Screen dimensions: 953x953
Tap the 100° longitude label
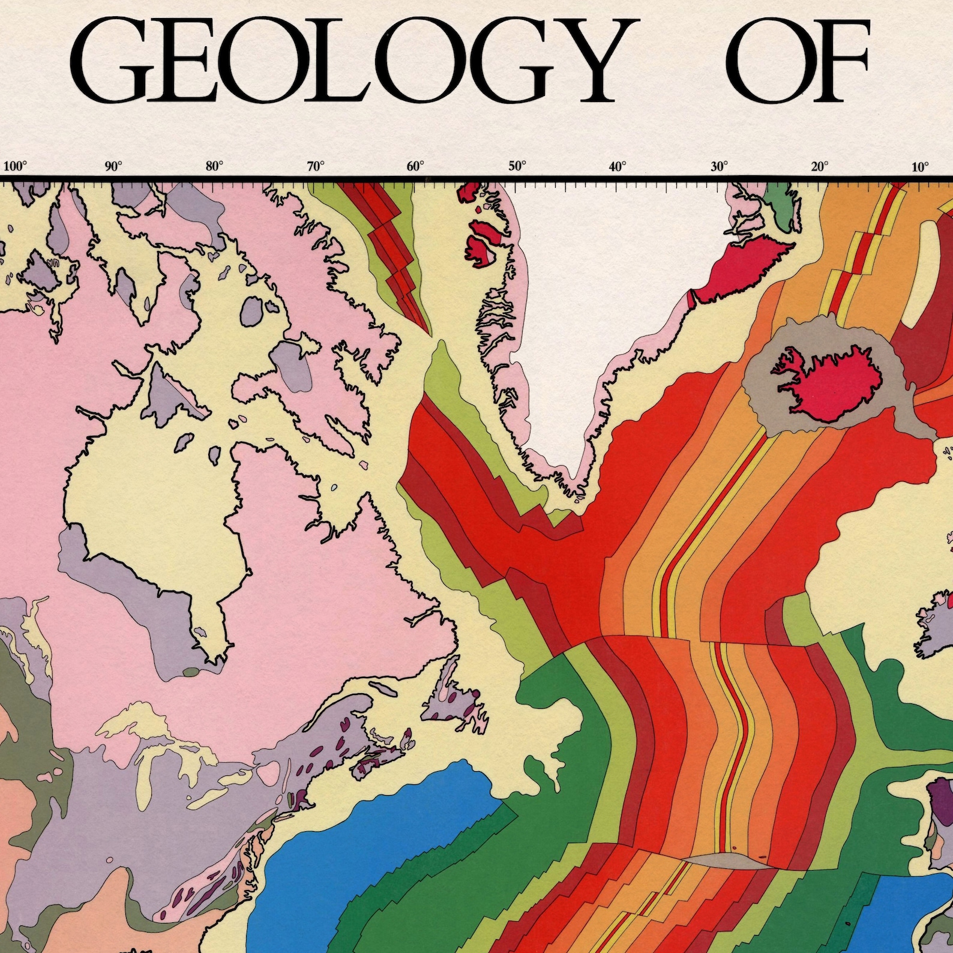pyautogui.click(x=16, y=166)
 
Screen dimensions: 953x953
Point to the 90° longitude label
pyautogui.click(x=113, y=166)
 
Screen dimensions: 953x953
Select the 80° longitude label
pyautogui.click(x=214, y=166)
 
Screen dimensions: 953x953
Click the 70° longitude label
pyautogui.click(x=316, y=166)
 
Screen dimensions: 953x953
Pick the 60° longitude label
pyautogui.click(x=416, y=166)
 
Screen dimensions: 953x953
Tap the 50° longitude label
pyautogui.click(x=517, y=166)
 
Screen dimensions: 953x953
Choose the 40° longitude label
pyautogui.click(x=618, y=166)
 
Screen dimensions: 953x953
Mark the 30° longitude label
pyautogui.click(x=720, y=166)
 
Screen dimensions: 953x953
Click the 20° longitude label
pyautogui.click(x=820, y=166)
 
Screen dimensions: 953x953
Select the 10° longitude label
pyautogui.click(x=920, y=166)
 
